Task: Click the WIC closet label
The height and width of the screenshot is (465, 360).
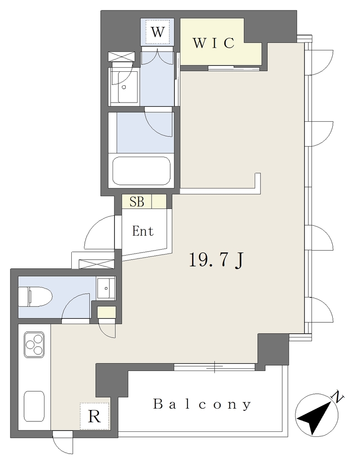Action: coord(213,43)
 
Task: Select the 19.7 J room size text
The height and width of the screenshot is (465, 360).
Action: coord(216,260)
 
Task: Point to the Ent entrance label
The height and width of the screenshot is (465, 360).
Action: coord(143,231)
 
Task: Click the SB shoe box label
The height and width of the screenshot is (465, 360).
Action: coord(137,202)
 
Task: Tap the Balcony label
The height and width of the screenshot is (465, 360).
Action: coord(202,405)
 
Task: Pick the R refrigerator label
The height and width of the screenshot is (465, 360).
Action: coord(94,416)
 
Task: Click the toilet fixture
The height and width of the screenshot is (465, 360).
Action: coord(35,296)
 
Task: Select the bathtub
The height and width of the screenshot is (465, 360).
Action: coord(141,171)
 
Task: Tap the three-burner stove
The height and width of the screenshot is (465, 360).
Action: coord(35,345)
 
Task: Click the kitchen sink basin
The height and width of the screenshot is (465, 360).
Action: coord(34,406)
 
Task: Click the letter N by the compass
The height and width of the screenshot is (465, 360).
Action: coord(338,396)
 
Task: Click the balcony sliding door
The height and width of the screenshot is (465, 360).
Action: coord(214,367)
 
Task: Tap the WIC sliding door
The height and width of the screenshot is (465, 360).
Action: coord(234,68)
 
